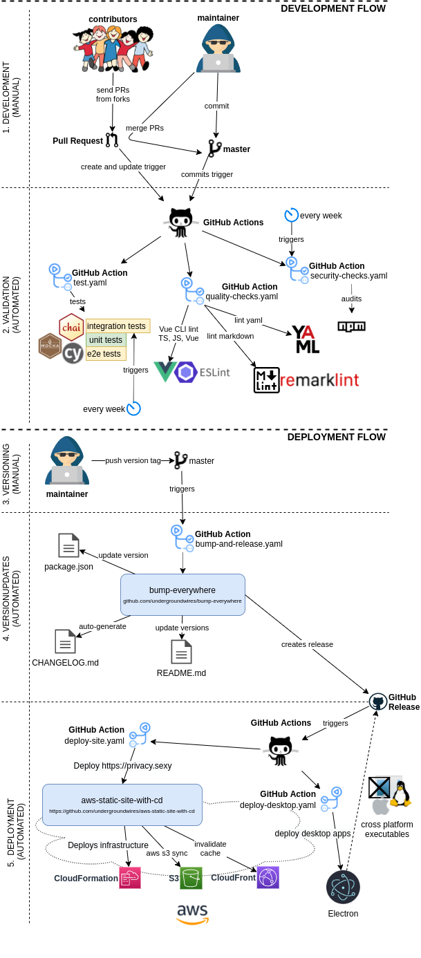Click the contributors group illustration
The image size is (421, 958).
(113, 48)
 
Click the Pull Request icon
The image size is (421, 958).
(112, 140)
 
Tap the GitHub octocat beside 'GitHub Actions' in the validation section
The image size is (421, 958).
(180, 222)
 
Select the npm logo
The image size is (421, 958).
(351, 326)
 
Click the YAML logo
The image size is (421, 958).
(306, 339)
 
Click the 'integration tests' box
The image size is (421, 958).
(117, 326)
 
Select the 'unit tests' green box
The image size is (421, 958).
(106, 339)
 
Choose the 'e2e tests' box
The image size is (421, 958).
(105, 353)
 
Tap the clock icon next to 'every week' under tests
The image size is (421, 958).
(133, 408)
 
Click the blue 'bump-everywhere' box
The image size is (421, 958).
(183, 594)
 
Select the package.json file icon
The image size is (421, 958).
(68, 545)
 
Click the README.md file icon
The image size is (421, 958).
(181, 652)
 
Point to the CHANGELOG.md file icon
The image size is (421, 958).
(65, 641)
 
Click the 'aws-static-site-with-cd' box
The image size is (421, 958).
(122, 805)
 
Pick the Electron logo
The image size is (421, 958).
(343, 887)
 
